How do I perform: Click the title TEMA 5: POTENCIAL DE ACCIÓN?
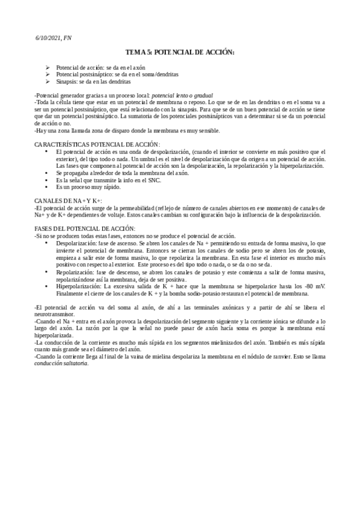(x=180, y=54)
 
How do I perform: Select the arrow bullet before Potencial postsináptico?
(x=48, y=75)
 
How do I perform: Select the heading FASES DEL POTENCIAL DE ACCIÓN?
(x=84, y=229)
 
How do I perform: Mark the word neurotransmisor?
(x=55, y=314)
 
